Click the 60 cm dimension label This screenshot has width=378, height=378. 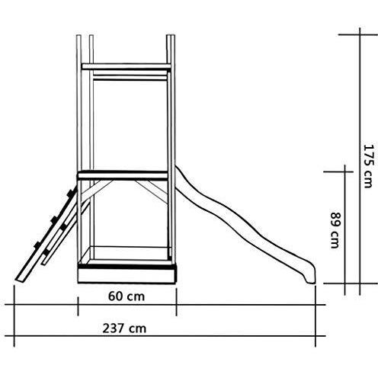[127, 296]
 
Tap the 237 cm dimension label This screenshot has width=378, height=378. [124, 328]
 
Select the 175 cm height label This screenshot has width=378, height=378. [368, 166]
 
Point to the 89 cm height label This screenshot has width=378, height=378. [335, 230]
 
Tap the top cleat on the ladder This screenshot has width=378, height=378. [72, 193]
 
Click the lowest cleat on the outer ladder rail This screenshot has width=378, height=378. [37, 245]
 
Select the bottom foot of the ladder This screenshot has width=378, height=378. [21, 279]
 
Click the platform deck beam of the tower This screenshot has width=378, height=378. [123, 175]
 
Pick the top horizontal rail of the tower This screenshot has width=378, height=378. [127, 66]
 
